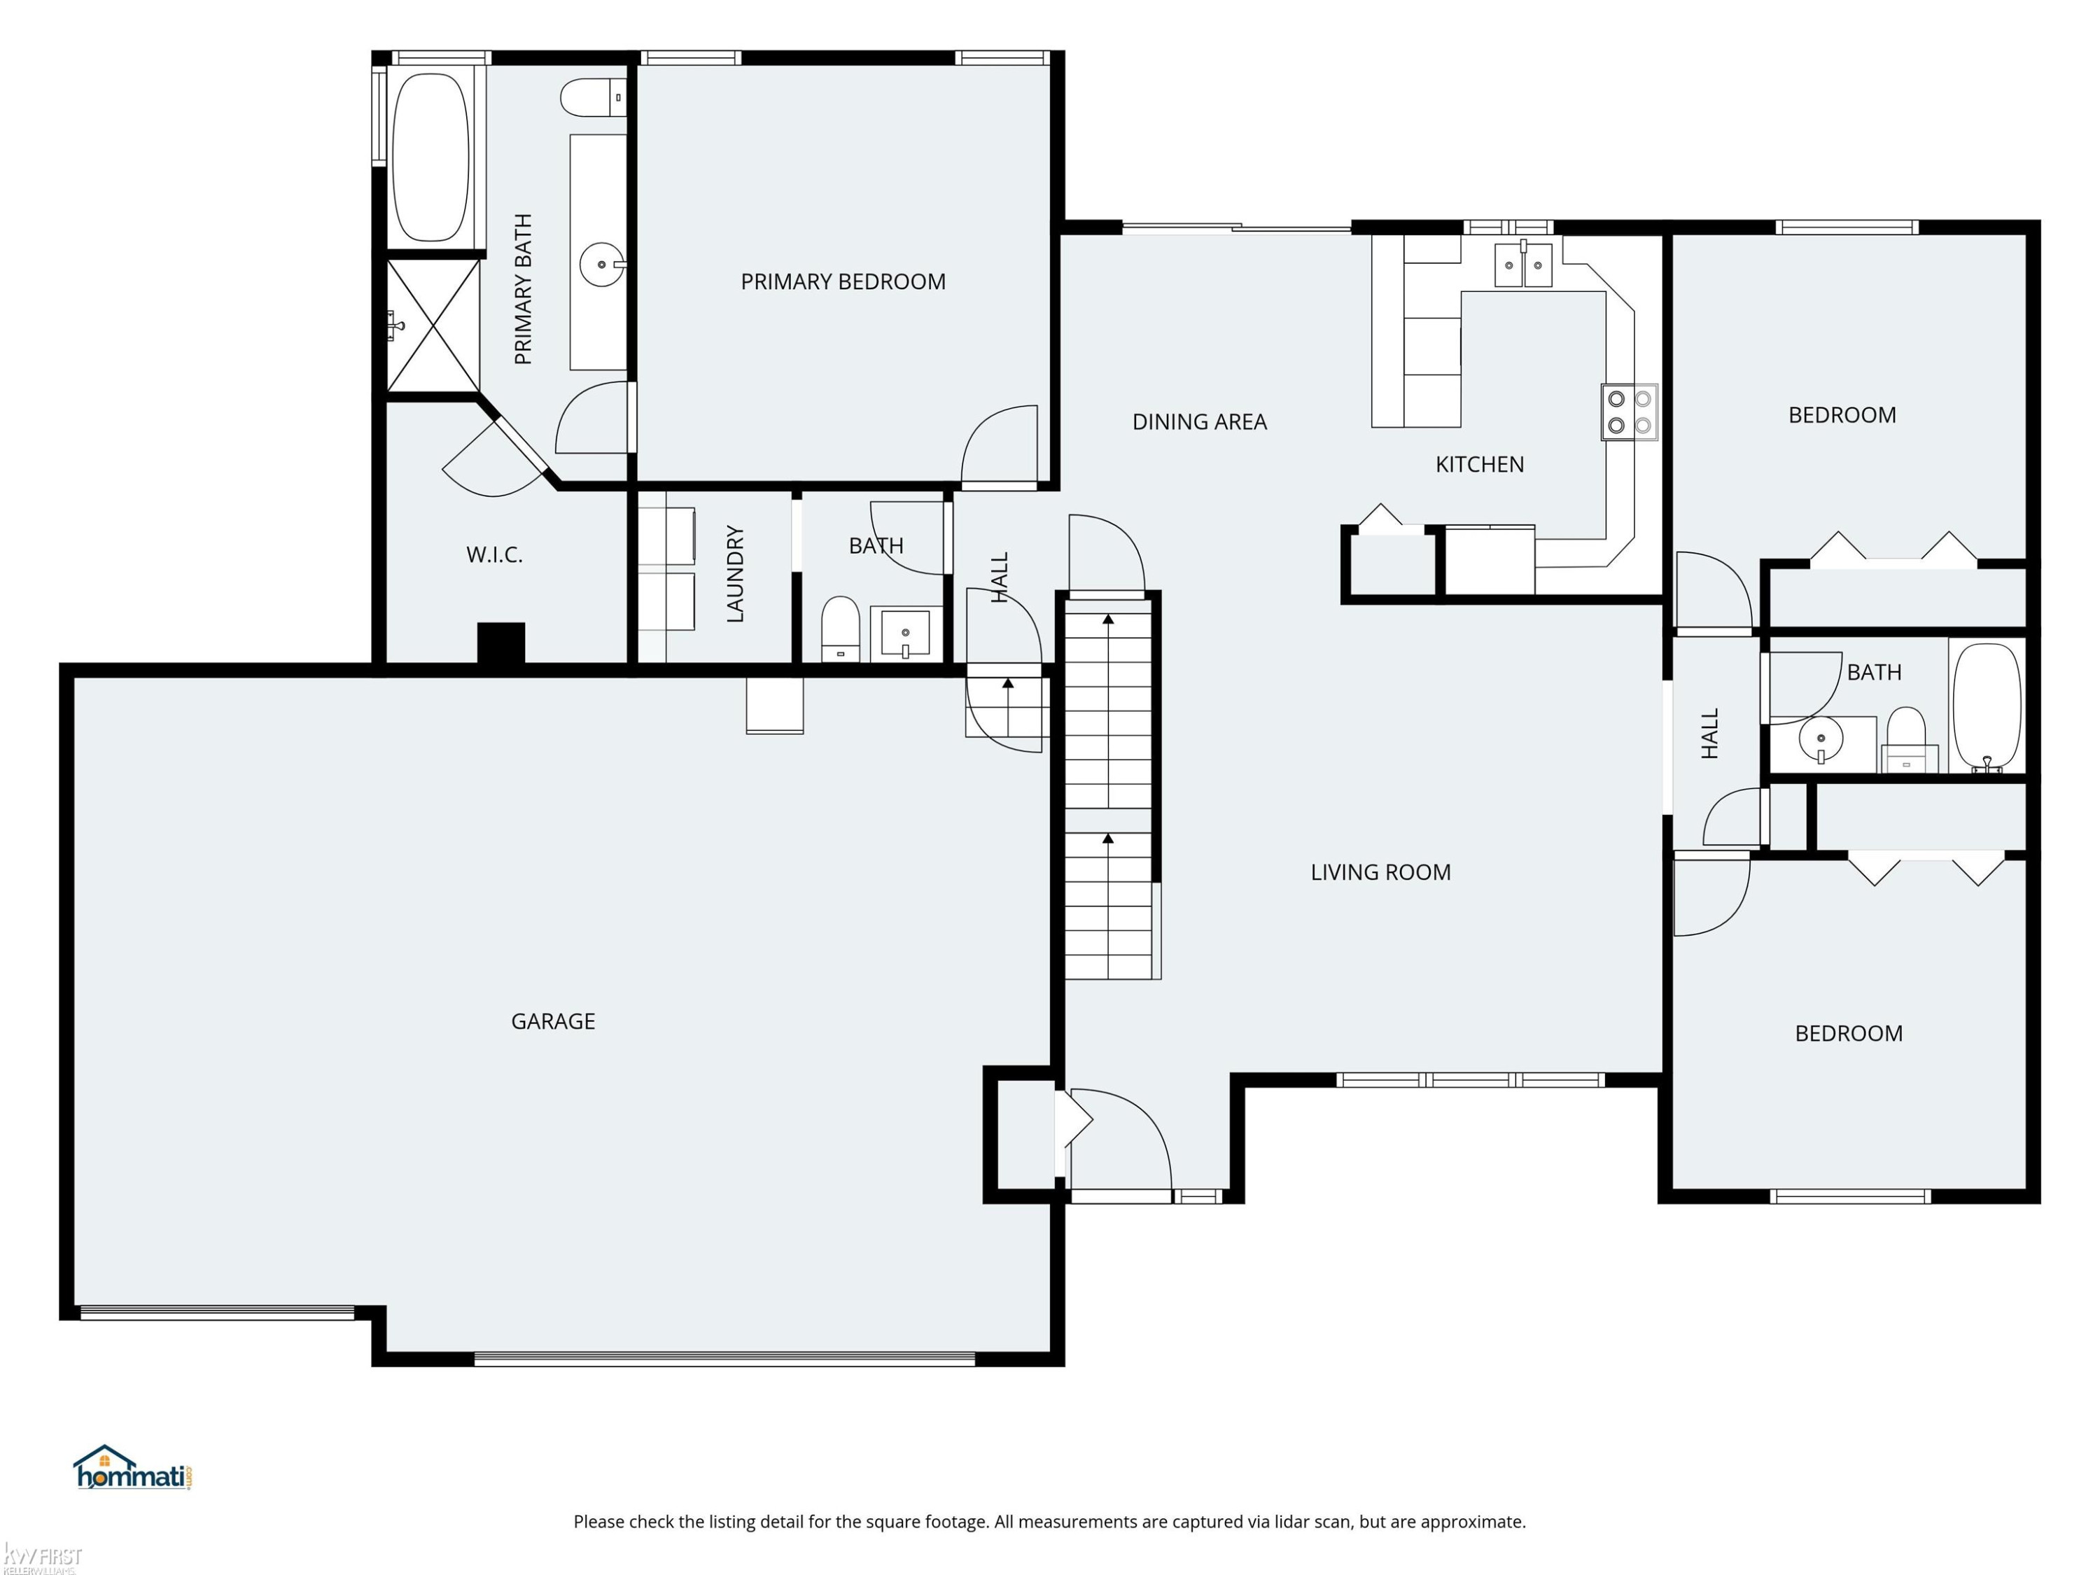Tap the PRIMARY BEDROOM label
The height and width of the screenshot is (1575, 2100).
[843, 282]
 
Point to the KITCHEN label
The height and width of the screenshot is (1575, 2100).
[1479, 464]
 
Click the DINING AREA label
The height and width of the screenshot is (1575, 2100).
[1199, 421]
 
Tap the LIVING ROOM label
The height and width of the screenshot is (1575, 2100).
[1380, 872]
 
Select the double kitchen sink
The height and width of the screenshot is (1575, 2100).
[1522, 264]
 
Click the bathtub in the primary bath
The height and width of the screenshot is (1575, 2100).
[431, 157]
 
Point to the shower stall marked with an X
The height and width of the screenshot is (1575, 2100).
[433, 325]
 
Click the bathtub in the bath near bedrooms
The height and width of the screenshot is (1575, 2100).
[1986, 706]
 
